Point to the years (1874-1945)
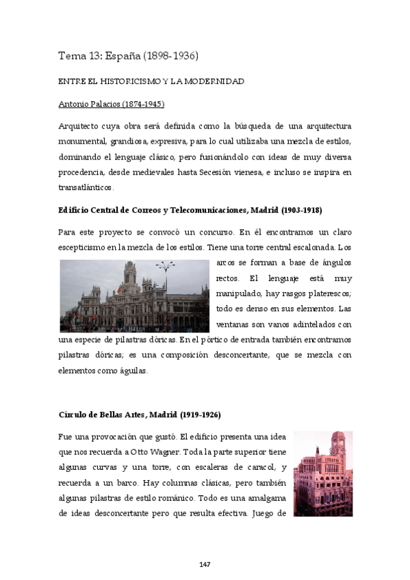click(142, 104)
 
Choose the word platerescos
click(327, 293)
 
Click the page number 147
click(205, 564)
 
